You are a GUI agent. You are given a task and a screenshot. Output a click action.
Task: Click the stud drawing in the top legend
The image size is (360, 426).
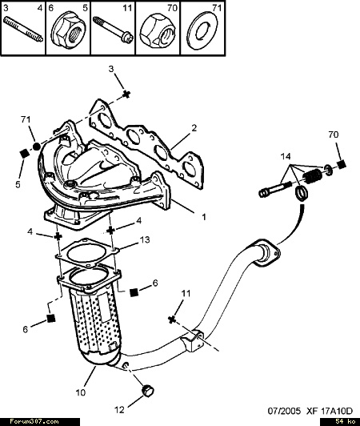[x=23, y=30]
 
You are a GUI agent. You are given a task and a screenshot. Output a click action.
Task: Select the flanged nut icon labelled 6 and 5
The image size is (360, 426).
[x=68, y=32]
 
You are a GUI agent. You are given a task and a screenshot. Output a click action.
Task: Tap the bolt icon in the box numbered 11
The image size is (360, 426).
[x=113, y=29]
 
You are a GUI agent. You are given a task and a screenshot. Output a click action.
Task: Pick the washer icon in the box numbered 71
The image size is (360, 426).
[x=203, y=31]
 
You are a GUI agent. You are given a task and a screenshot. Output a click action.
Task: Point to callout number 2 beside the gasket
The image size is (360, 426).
[x=194, y=128]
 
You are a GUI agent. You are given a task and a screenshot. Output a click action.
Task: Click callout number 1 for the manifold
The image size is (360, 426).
[x=204, y=217]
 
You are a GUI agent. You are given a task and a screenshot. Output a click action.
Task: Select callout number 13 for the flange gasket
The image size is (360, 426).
[x=145, y=239]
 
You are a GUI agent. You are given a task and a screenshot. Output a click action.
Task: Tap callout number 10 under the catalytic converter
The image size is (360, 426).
[x=81, y=392]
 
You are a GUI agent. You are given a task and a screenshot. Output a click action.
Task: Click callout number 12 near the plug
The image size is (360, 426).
[x=119, y=410]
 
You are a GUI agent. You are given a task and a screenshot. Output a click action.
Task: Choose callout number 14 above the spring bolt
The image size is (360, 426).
[x=286, y=156]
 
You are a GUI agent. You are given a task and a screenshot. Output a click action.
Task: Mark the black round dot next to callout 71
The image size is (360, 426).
[x=36, y=147]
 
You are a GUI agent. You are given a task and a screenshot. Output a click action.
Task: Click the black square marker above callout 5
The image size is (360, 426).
[x=25, y=154]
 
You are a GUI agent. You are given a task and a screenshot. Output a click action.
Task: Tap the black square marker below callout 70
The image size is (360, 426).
[x=342, y=164]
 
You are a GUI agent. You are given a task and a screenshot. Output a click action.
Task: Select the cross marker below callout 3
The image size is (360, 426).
[x=126, y=94]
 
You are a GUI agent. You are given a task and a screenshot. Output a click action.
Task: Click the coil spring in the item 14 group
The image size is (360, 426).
[x=312, y=175]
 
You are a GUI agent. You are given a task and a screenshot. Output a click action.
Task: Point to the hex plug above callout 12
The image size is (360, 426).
[x=148, y=391]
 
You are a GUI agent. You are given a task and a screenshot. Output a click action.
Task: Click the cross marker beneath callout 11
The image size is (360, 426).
[x=171, y=319]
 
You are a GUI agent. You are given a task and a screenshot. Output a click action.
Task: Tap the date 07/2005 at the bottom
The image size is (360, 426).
[x=284, y=411]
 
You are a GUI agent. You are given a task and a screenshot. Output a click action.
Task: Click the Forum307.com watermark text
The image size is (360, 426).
[x=34, y=422]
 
